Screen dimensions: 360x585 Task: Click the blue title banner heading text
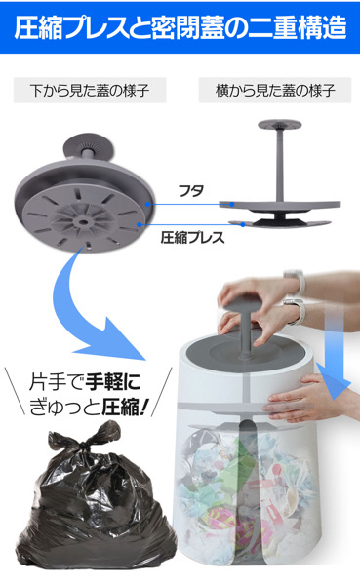180,28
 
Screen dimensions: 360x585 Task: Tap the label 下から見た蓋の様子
90,91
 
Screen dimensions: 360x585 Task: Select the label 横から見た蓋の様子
275,91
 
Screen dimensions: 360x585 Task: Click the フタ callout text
191,191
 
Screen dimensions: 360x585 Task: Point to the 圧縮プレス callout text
192,237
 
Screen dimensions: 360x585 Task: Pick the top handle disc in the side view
279,124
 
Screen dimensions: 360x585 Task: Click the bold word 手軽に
113,382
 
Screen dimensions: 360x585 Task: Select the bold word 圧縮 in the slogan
120,407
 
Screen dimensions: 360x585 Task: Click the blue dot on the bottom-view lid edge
148,204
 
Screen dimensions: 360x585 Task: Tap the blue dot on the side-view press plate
243,224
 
